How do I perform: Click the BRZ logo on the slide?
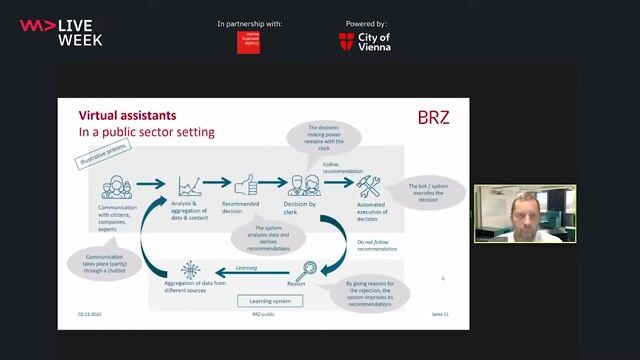(x=432, y=117)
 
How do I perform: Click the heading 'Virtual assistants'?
(x=127, y=115)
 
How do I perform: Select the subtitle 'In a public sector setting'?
(x=146, y=132)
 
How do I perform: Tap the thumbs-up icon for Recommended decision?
(x=246, y=184)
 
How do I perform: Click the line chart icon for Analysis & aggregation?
(x=190, y=185)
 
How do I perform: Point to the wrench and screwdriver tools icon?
(x=369, y=184)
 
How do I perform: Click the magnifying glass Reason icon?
(x=308, y=268)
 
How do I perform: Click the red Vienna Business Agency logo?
(x=248, y=41)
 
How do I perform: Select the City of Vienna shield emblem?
(x=346, y=41)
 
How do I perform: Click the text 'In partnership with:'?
(x=249, y=23)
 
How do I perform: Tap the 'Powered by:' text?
(x=366, y=23)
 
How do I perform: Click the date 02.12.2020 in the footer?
(x=91, y=314)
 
